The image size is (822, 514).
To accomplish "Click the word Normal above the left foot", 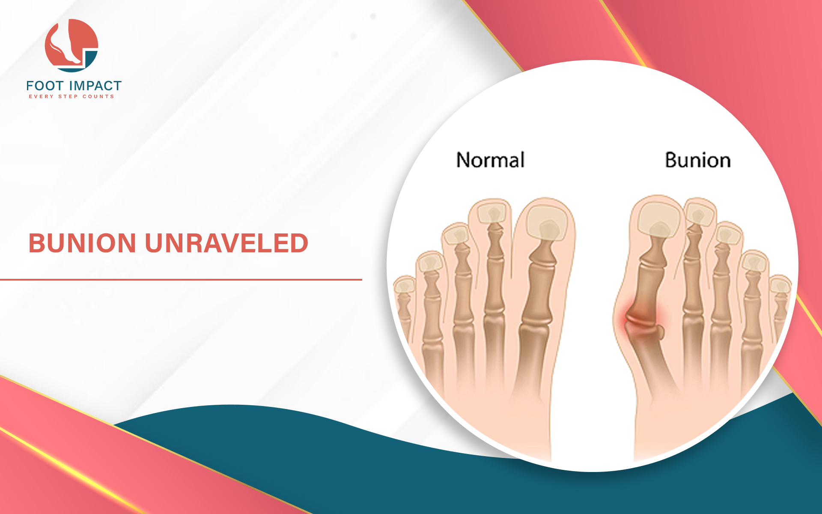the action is [x=491, y=160].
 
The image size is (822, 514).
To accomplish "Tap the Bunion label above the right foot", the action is [x=698, y=160].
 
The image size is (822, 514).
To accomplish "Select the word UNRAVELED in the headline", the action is [x=226, y=243].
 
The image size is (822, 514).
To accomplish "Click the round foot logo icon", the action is [x=71, y=45].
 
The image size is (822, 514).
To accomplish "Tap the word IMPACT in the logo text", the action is [x=95, y=86].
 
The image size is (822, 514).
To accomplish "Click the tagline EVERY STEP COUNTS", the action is [x=71, y=97].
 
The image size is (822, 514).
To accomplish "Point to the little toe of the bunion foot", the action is [x=780, y=300].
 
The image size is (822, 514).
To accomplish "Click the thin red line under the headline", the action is [x=181, y=280].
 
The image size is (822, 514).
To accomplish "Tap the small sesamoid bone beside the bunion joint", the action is [x=660, y=333].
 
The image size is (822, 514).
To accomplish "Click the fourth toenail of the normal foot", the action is [x=429, y=263].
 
